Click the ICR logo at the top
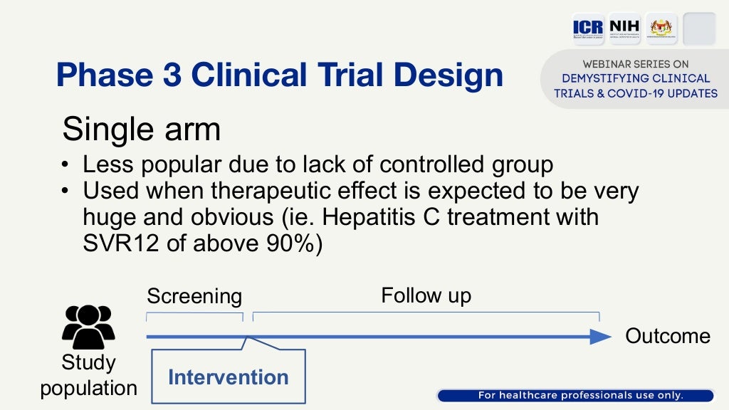pos(588,29)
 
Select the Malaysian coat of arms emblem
pos(661,29)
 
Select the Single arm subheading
pos(141,130)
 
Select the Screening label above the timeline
pos(194,296)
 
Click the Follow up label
pos(426,295)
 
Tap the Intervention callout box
pos(229,377)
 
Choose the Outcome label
pos(667,337)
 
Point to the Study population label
pos(88,376)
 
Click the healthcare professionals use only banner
pos(575,396)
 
